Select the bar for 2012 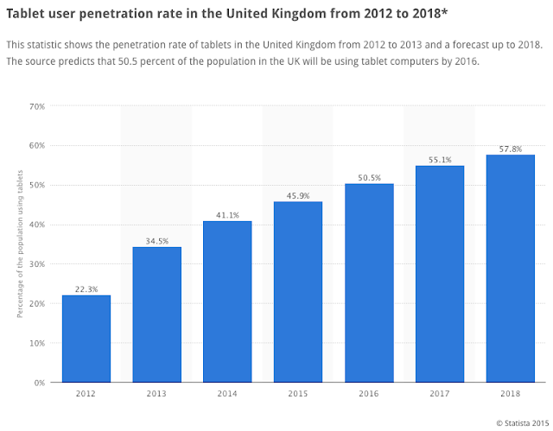[86, 339]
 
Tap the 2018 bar [510, 269]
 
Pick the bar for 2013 [156, 314]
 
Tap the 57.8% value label [510, 149]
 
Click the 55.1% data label [440, 160]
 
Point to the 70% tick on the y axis [36, 106]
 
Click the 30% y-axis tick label [36, 264]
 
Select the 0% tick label [39, 383]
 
